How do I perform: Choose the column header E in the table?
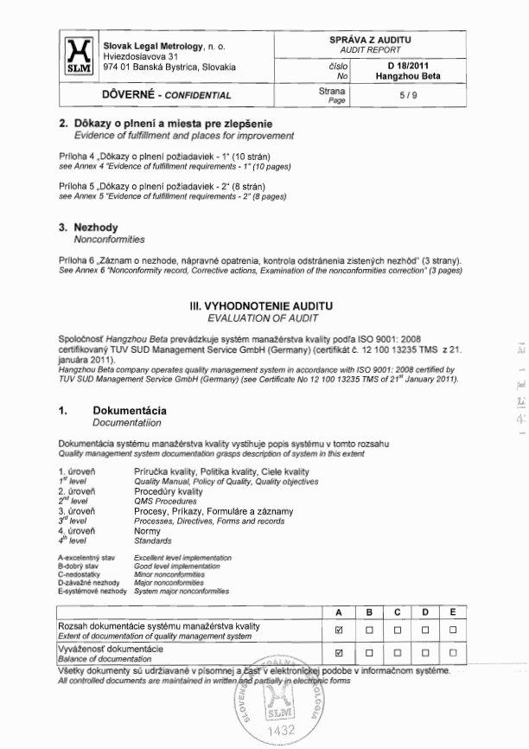(453, 612)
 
